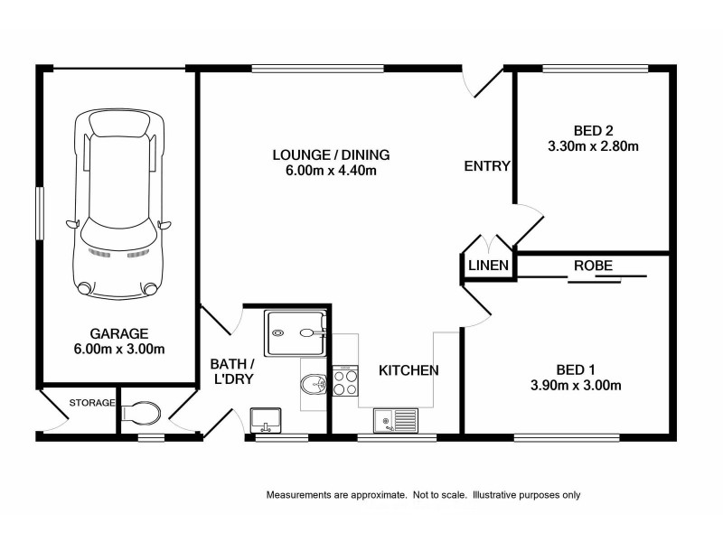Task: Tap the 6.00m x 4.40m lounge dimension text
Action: (x=331, y=171)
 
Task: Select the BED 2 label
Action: (x=593, y=130)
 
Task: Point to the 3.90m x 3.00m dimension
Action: (x=576, y=385)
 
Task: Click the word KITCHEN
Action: (x=408, y=370)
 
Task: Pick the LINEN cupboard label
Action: (x=488, y=265)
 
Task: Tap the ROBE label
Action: (x=593, y=266)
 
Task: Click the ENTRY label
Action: (x=487, y=166)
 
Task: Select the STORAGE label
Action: (x=92, y=403)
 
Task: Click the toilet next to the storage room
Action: (x=141, y=412)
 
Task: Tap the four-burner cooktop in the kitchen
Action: (x=345, y=380)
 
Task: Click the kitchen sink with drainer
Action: (x=396, y=420)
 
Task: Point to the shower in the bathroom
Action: (x=296, y=332)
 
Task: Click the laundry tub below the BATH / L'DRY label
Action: (x=265, y=420)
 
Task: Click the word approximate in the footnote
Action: (x=378, y=495)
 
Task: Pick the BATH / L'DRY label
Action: (x=232, y=371)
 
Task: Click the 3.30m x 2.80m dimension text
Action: (x=593, y=146)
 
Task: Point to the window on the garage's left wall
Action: (x=40, y=213)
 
